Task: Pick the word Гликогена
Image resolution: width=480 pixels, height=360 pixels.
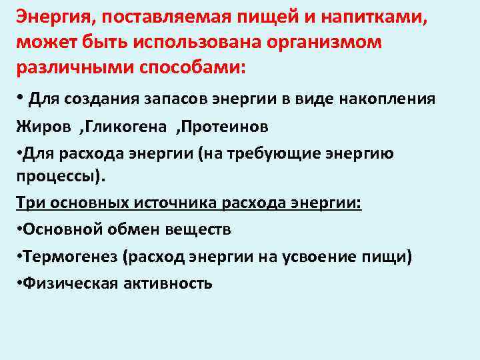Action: [x=127, y=127]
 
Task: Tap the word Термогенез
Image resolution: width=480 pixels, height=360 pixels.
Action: [x=72, y=256]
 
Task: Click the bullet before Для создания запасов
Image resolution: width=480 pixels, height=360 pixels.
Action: [x=21, y=99]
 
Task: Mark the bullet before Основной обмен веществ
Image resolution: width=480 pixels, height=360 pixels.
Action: [x=19, y=229]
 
